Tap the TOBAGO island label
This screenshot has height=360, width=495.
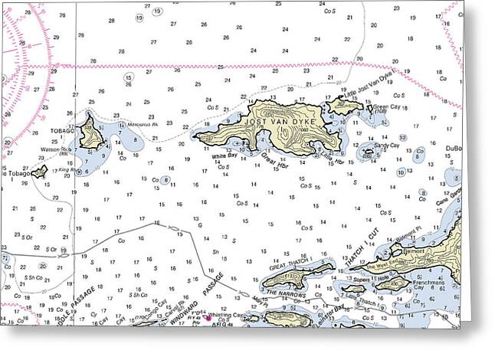(x=63, y=131)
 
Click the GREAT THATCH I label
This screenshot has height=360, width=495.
(x=290, y=263)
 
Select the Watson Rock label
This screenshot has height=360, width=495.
(x=55, y=149)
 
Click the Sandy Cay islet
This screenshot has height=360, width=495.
(x=369, y=152)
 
